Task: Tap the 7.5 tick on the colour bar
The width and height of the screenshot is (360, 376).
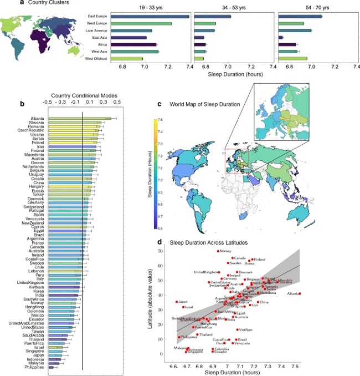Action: (160, 119)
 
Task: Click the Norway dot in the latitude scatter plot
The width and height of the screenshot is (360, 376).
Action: (218, 251)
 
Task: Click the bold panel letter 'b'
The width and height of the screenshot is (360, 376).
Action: (22, 104)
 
